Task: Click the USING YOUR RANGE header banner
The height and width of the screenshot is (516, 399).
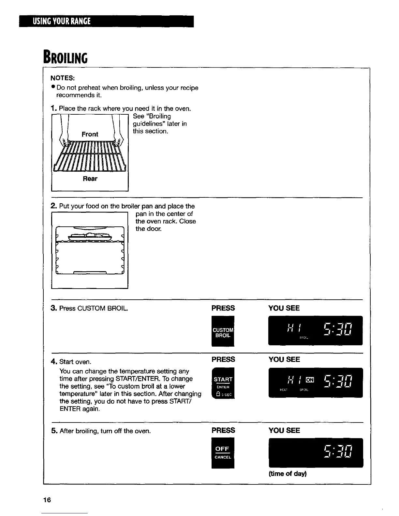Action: pos(106,21)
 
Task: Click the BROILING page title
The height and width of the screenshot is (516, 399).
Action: pos(65,58)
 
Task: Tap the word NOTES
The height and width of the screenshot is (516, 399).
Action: pos(63,78)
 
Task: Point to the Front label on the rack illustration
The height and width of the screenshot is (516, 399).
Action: pos(90,134)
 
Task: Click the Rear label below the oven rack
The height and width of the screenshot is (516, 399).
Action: pos(90,179)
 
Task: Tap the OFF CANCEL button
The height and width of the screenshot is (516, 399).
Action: pos(223,453)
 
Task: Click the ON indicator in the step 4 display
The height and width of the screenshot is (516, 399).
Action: pos(310,379)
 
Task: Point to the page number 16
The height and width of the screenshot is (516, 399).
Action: pos(47,500)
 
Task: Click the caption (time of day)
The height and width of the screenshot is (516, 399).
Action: pos(288,474)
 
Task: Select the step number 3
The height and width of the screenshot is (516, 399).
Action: pos(54,308)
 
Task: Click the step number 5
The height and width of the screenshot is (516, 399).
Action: pos(54,431)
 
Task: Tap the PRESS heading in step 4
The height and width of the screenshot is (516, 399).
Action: pos(223,360)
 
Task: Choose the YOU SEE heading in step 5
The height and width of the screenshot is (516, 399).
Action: pos(284,430)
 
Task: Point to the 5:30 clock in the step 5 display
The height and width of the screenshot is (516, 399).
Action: pos(338,452)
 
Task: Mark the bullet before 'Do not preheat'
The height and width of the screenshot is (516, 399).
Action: pos(53,88)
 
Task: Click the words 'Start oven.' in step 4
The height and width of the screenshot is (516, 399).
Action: pos(75,362)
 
